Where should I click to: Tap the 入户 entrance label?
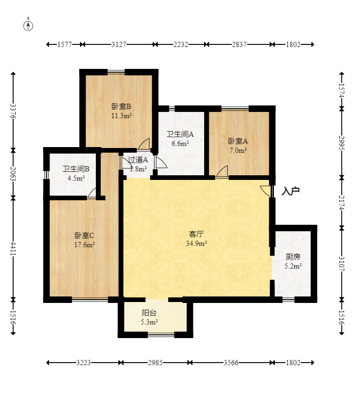(291, 191)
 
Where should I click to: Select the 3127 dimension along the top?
(119, 45)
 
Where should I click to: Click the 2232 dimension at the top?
(181, 45)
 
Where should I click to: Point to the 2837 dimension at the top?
(239, 45)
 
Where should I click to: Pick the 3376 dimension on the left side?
(13, 111)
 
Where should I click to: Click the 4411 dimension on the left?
(13, 249)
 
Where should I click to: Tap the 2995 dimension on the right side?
(342, 143)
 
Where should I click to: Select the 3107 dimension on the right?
(342, 264)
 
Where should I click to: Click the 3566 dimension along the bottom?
(231, 363)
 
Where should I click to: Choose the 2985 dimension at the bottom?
(155, 363)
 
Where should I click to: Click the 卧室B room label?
(121, 106)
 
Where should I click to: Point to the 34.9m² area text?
(196, 243)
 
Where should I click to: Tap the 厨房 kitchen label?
(293, 257)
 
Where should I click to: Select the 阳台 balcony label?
(149, 313)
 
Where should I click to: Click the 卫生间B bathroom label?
(76, 169)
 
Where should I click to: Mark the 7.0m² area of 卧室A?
(238, 150)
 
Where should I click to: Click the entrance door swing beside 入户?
(266, 191)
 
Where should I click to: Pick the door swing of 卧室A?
(222, 171)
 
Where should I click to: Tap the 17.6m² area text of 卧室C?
(84, 245)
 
